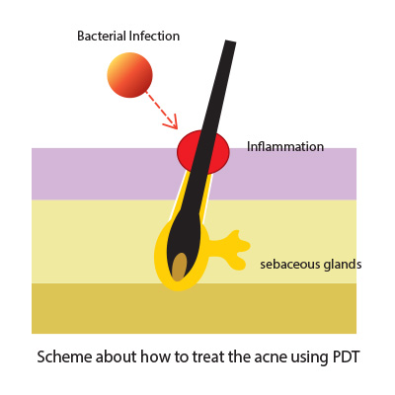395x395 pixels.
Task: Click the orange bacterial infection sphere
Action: point(129,75)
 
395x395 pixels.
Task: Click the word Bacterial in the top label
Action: point(102,36)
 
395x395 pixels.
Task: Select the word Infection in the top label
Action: point(154,36)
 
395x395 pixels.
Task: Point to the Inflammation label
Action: point(285,146)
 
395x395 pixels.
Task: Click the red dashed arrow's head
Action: point(172,122)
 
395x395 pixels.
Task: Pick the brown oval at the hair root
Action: point(180,267)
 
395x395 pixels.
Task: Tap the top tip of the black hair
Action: point(231,41)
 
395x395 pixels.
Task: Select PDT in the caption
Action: point(344,356)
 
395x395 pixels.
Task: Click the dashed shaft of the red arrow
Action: point(159,108)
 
